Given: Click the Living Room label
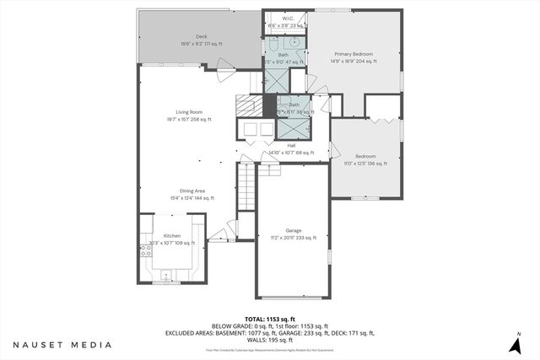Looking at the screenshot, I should (x=188, y=111).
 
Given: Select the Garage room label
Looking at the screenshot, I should (x=294, y=230).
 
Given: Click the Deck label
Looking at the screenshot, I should (x=202, y=36).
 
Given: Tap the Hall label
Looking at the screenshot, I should (x=291, y=145).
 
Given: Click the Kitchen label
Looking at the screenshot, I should (x=172, y=236).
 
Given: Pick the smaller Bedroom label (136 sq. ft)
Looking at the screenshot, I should (x=364, y=156).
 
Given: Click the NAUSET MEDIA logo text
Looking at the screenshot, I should (x=62, y=345).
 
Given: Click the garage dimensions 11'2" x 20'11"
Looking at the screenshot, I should (x=294, y=238).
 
